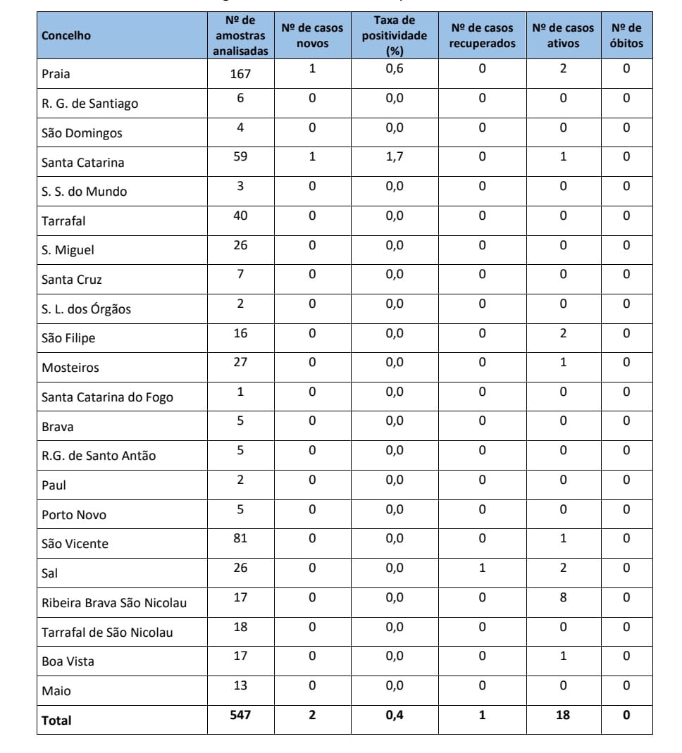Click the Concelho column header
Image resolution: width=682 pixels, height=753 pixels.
(x=66, y=36)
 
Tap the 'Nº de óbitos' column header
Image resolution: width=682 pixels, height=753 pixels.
(x=626, y=36)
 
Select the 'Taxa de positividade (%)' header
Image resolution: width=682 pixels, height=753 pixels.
(x=394, y=36)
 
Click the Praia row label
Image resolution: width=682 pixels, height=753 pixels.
(x=56, y=74)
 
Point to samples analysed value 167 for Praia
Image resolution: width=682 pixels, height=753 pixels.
(x=240, y=73)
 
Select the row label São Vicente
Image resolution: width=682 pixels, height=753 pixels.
(x=75, y=544)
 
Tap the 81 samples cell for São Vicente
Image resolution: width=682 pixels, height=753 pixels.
(x=240, y=539)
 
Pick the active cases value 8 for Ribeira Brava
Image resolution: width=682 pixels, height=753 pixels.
(x=562, y=597)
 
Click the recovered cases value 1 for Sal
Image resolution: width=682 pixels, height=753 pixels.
(x=482, y=568)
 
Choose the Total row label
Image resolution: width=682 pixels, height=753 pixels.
(x=56, y=721)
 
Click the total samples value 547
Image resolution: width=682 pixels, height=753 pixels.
(x=240, y=715)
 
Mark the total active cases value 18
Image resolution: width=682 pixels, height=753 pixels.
(x=562, y=715)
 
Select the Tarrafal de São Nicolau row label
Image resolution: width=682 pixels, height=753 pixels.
(x=107, y=633)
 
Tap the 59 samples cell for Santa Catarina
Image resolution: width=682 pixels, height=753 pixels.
(x=240, y=156)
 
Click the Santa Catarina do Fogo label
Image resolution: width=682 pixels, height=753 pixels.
(x=107, y=397)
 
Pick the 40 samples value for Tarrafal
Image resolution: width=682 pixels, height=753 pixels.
(x=240, y=215)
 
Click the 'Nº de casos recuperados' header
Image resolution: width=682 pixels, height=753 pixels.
(x=482, y=36)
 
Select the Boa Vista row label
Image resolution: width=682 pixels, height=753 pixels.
(x=67, y=661)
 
